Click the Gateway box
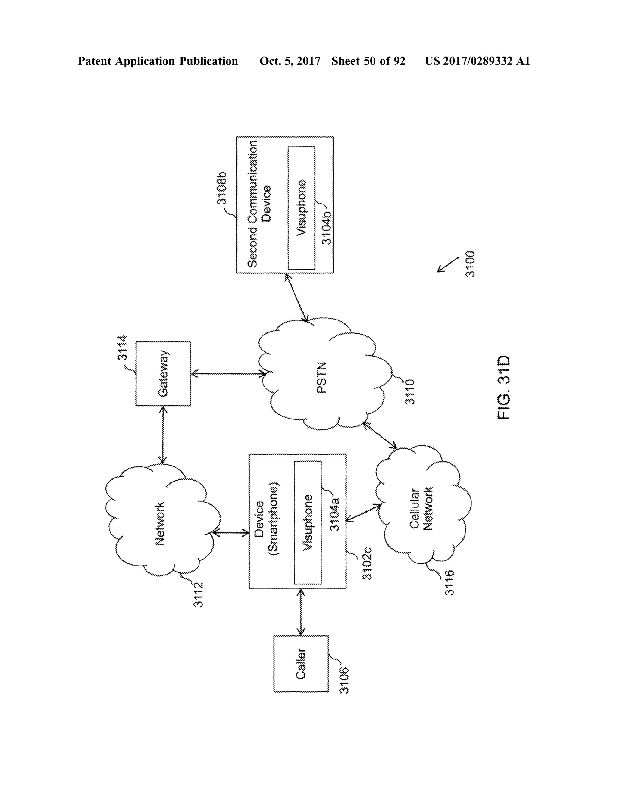point(163,373)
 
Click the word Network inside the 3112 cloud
point(160,524)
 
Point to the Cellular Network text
point(421,509)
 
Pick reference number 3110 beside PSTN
point(410,391)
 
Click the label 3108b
point(222,188)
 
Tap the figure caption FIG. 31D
point(504,387)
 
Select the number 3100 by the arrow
point(470,264)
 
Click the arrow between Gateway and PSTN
point(228,374)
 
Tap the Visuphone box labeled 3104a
point(308,522)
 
